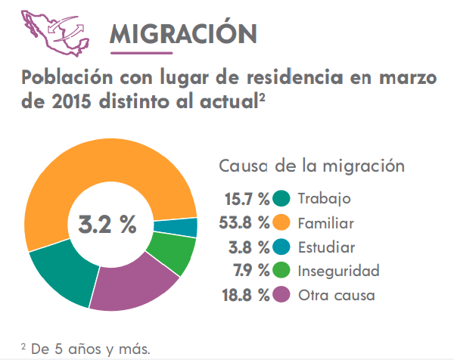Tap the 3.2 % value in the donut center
coord(108,225)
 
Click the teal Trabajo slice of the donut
coord(61,273)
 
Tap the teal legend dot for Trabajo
coord(282,199)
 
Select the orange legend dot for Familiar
coord(282,223)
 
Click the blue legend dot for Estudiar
coord(282,247)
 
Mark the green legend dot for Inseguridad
coord(282,271)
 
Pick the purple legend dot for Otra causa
coord(282,295)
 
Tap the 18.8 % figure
coord(244,295)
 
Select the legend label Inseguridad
coord(338,271)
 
